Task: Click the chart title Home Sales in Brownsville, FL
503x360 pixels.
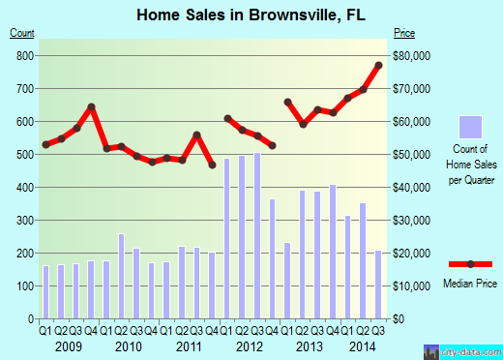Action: coord(251,14)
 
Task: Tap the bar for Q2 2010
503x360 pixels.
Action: coord(121,276)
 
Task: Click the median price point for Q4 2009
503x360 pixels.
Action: coord(92,106)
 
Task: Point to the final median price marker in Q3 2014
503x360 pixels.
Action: coord(379,65)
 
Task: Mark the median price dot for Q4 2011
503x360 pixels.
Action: coord(212,165)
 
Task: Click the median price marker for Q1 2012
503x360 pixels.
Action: coord(227,118)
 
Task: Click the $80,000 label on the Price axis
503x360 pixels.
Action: coord(410,56)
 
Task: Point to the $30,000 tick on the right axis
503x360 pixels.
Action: coord(410,221)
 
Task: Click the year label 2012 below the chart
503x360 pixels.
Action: coord(250,345)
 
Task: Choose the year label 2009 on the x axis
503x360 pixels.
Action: coord(69,345)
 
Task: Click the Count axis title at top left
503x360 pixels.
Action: coord(23,34)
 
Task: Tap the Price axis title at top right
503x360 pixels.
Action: coord(402,34)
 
